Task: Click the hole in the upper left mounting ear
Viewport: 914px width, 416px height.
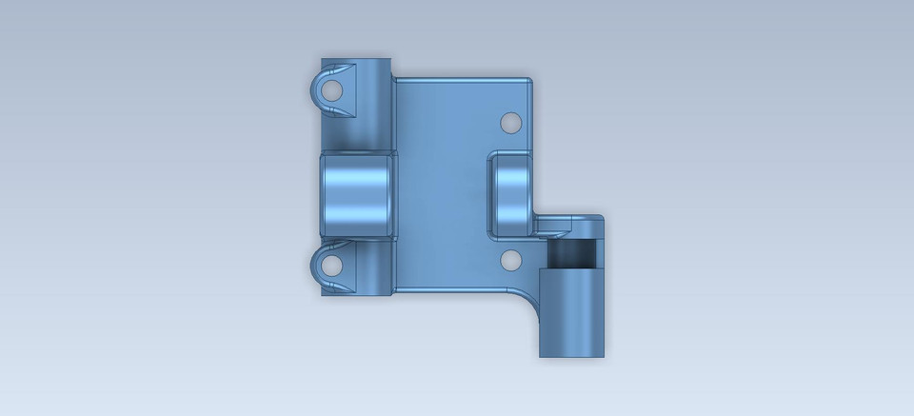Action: click(331, 91)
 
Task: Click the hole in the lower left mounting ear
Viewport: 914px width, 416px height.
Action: click(331, 262)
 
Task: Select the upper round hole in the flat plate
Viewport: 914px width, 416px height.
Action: click(510, 123)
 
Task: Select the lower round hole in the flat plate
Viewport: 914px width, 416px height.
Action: click(510, 259)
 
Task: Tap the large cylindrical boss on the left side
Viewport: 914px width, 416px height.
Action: click(357, 195)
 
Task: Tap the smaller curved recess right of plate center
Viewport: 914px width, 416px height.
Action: click(511, 194)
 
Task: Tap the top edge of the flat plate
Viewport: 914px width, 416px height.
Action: click(462, 79)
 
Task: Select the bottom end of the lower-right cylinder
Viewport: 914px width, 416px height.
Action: click(571, 355)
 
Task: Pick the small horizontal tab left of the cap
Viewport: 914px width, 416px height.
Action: click(553, 225)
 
